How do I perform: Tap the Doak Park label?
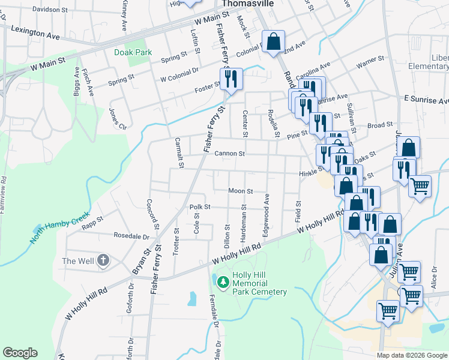click(x=133, y=52)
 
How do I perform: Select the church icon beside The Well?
click(x=103, y=260)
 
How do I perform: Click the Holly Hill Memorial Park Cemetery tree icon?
click(x=223, y=281)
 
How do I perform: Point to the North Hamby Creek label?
click(x=59, y=229)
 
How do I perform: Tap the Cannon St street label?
click(x=229, y=154)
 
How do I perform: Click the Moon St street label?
click(x=240, y=191)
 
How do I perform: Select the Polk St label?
click(x=200, y=207)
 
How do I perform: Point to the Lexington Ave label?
click(x=36, y=32)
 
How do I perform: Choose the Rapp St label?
click(x=92, y=223)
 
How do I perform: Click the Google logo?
click(x=20, y=353)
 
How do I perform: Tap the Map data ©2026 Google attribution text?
click(x=412, y=355)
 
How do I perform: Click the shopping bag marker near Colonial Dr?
click(x=273, y=43)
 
